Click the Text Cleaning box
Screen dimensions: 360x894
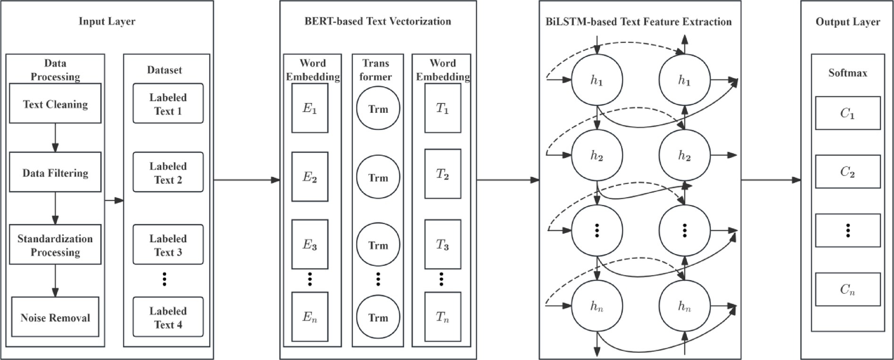point(55,103)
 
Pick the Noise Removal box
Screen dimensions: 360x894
point(55,317)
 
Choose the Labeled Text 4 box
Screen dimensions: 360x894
point(168,317)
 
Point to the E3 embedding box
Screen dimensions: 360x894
point(310,244)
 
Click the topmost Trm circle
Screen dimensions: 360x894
point(378,109)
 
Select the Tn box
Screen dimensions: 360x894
point(443,317)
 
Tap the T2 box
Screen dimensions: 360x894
point(443,174)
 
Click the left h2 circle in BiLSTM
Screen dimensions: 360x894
point(597,155)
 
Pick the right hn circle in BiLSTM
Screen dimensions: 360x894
point(684,306)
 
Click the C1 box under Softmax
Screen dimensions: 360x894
point(848,113)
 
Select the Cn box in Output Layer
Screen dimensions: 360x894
point(848,289)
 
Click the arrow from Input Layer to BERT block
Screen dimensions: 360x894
point(247,180)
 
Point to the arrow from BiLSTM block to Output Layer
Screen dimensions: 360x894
point(771,180)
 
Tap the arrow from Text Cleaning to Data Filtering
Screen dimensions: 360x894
point(55,137)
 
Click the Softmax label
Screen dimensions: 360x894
point(848,73)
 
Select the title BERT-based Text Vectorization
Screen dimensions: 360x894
point(378,21)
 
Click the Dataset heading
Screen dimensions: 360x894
point(164,70)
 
